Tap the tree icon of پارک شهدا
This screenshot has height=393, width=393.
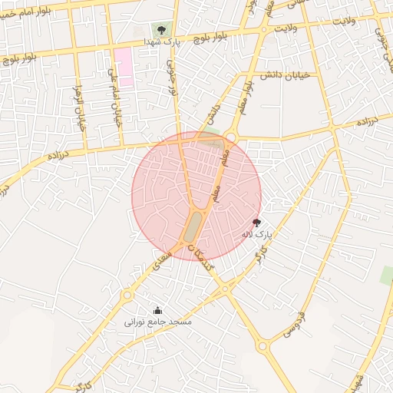coord(161,30)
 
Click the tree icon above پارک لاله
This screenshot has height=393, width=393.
coord(256,221)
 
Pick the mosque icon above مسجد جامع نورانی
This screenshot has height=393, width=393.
coord(158,310)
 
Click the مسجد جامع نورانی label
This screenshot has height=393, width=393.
coord(158,322)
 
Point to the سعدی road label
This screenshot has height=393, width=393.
coord(160,261)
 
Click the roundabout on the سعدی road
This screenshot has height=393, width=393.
coord(127,295)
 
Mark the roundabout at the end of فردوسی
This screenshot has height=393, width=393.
coord(263,347)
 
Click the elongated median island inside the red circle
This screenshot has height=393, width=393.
coord(193,226)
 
